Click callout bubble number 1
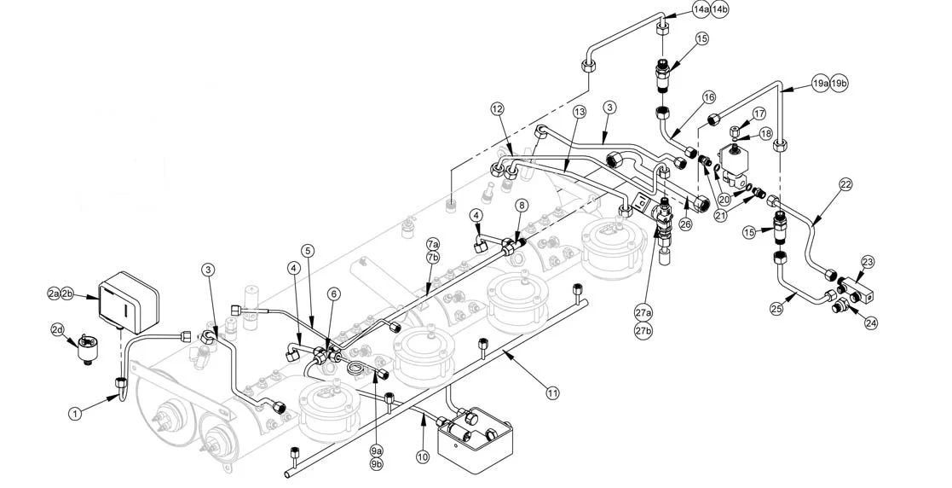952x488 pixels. (x=76, y=413)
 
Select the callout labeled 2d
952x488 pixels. (x=57, y=329)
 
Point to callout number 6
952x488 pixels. (x=334, y=293)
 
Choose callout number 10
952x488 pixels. (x=423, y=456)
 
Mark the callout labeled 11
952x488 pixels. (x=553, y=392)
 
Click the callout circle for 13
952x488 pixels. (x=580, y=112)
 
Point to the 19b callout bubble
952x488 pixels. (x=839, y=84)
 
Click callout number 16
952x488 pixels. (x=709, y=98)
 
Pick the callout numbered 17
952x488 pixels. (x=759, y=113)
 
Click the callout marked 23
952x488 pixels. (x=868, y=262)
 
